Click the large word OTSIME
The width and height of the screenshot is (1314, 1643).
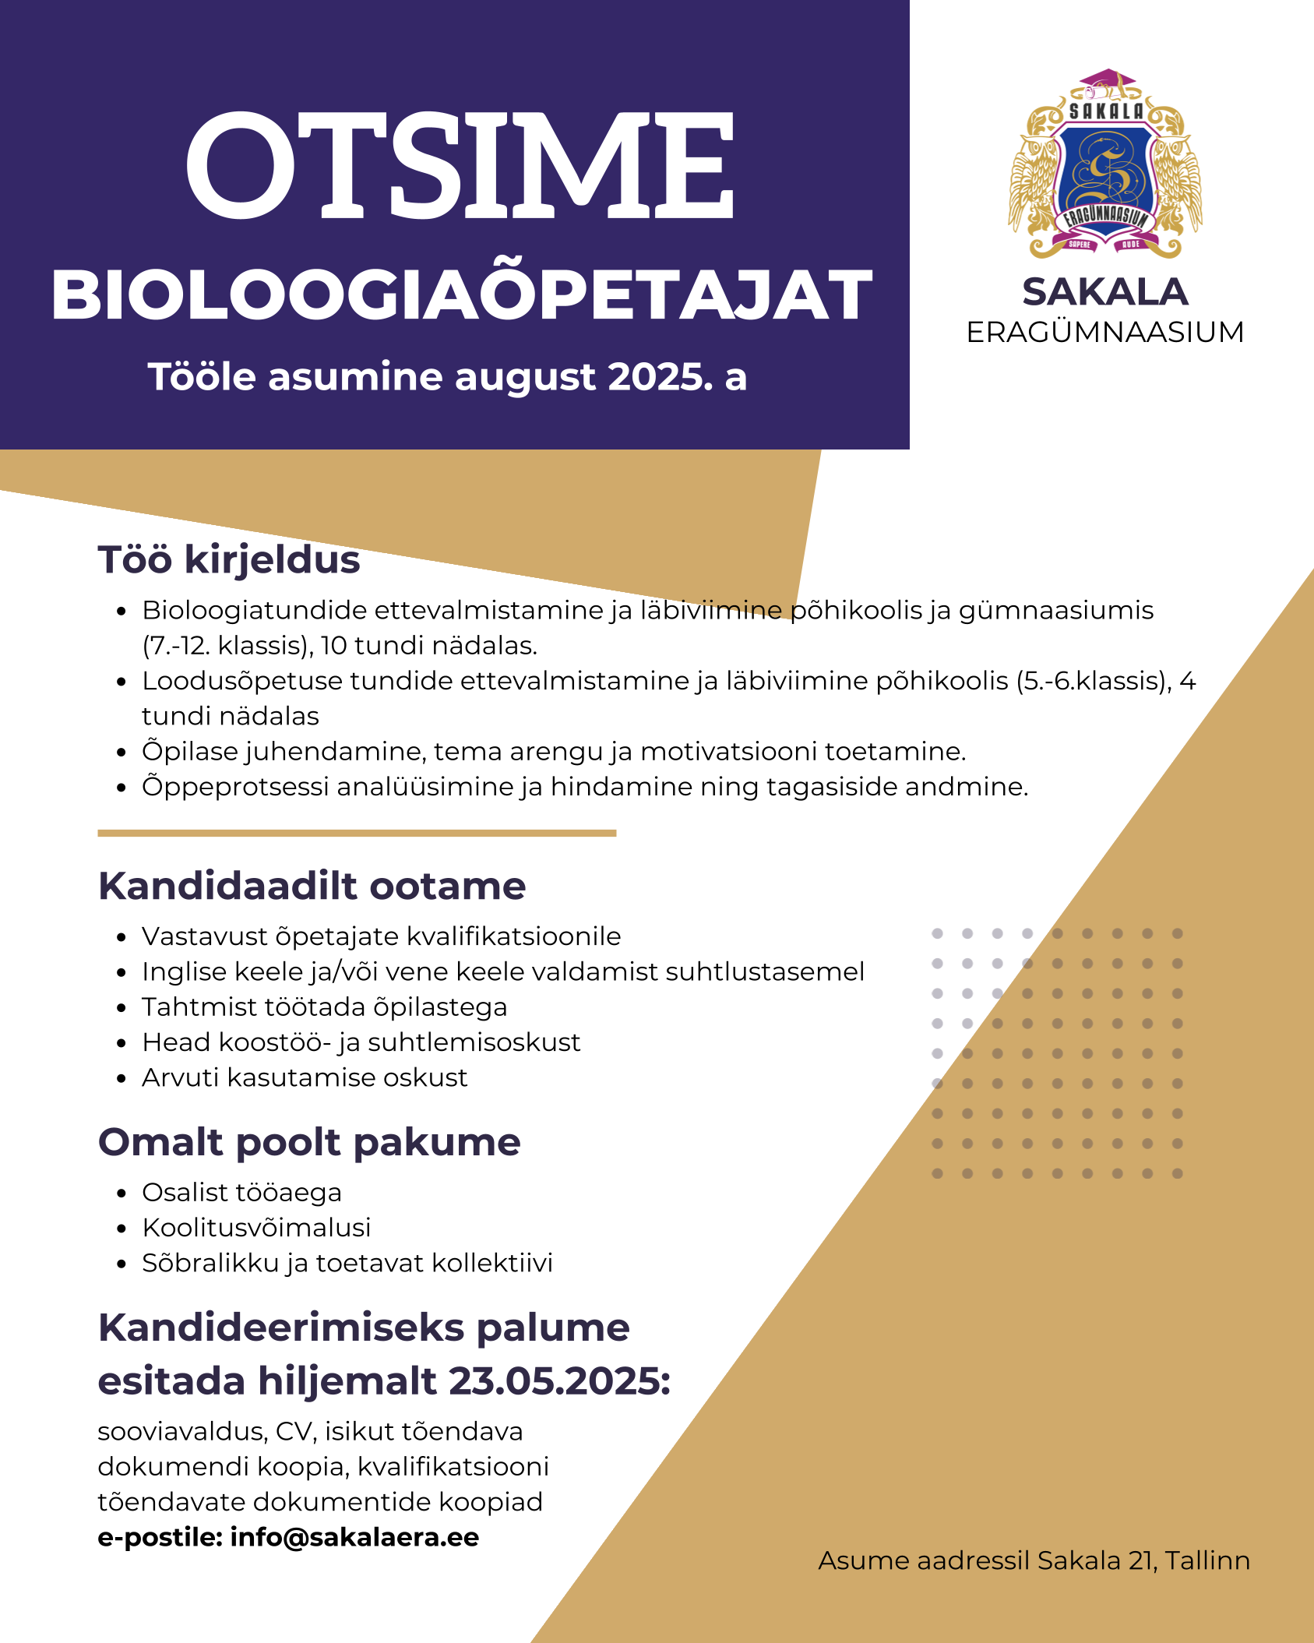460,165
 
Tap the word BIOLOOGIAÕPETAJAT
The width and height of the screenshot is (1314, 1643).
461,296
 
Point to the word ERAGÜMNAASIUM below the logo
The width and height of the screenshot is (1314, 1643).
1104,333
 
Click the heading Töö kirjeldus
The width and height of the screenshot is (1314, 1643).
228,559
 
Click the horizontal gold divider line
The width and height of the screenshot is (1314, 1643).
357,833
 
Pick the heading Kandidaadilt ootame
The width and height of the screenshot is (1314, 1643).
312,886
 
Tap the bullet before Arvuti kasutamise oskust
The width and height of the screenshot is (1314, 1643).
121,1079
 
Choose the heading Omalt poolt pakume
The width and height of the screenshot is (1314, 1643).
309,1142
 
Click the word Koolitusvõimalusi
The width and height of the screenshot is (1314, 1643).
256,1228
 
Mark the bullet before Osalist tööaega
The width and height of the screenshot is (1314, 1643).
121,1193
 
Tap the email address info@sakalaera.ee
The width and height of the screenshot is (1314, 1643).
354,1538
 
